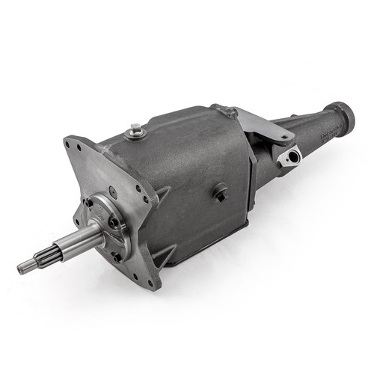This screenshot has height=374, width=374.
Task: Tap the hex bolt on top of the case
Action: pos(135,129)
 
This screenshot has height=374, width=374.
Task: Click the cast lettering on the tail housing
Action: pos(327,135)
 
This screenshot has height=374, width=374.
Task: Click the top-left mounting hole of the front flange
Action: pos(78,148)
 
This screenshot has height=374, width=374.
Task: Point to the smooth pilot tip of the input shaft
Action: pos(23,267)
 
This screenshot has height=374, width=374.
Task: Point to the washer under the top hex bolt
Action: pos(135,135)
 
